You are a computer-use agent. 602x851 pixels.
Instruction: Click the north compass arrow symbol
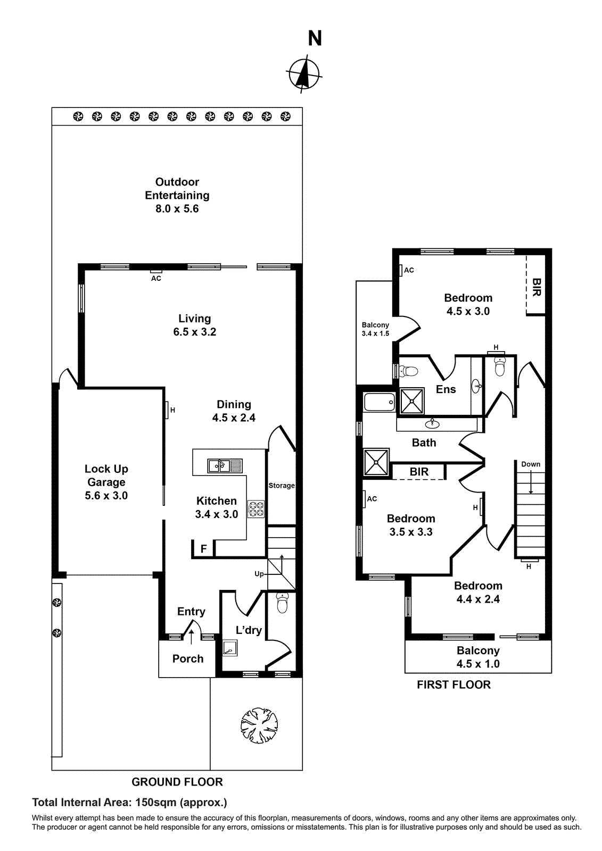click(x=304, y=73)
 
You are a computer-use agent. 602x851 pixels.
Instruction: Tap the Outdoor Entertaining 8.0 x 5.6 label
click(x=177, y=196)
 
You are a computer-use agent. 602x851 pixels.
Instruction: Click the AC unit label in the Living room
click(x=156, y=278)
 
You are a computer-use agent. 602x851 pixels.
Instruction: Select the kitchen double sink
click(x=225, y=466)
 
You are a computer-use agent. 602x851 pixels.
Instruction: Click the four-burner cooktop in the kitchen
click(x=256, y=509)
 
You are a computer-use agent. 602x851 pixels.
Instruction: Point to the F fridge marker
click(x=203, y=549)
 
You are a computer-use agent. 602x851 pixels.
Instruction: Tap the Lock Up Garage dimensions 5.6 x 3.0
click(x=106, y=496)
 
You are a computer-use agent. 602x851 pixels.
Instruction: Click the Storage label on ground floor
click(x=282, y=486)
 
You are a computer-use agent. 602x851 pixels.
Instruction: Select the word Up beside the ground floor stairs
click(x=259, y=574)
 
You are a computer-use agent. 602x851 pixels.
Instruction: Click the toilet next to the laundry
click(x=282, y=604)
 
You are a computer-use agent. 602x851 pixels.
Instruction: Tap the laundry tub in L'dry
click(x=230, y=648)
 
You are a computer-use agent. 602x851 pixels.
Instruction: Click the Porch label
click(x=188, y=659)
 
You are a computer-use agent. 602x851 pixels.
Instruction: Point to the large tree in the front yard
click(x=259, y=725)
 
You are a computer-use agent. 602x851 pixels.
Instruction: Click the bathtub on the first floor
click(x=380, y=402)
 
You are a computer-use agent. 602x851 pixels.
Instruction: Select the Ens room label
click(x=446, y=389)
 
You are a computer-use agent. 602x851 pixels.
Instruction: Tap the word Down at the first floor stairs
click(x=531, y=464)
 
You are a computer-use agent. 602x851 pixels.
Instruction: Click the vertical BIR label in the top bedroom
click(x=537, y=287)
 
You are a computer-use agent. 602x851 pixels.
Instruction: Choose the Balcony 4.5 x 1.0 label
click(x=478, y=657)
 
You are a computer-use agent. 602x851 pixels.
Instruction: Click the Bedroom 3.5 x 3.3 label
click(x=411, y=525)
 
